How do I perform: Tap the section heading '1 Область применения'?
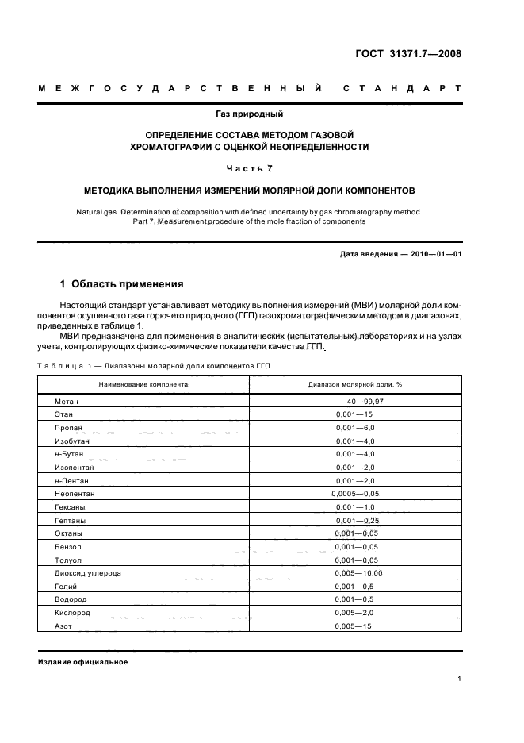point(122,283)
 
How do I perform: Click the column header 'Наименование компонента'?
point(143,383)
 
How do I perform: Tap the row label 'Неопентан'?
point(75,493)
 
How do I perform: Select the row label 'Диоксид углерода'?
point(88,572)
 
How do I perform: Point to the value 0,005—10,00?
point(358,572)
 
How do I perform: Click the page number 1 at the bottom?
point(460,679)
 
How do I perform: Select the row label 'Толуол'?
point(69,560)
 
